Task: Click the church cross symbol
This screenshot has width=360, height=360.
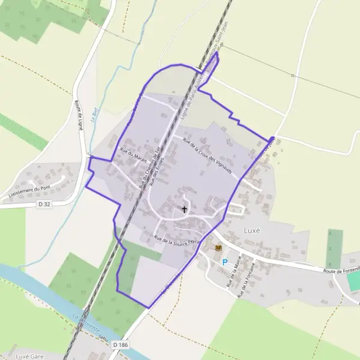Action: [x=184, y=209]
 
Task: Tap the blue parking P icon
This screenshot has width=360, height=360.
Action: [x=225, y=262]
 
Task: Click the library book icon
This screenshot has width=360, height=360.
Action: [x=218, y=247]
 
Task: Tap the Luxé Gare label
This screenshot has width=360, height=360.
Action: [x=31, y=356]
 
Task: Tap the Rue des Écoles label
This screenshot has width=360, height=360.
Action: [x=157, y=173]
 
